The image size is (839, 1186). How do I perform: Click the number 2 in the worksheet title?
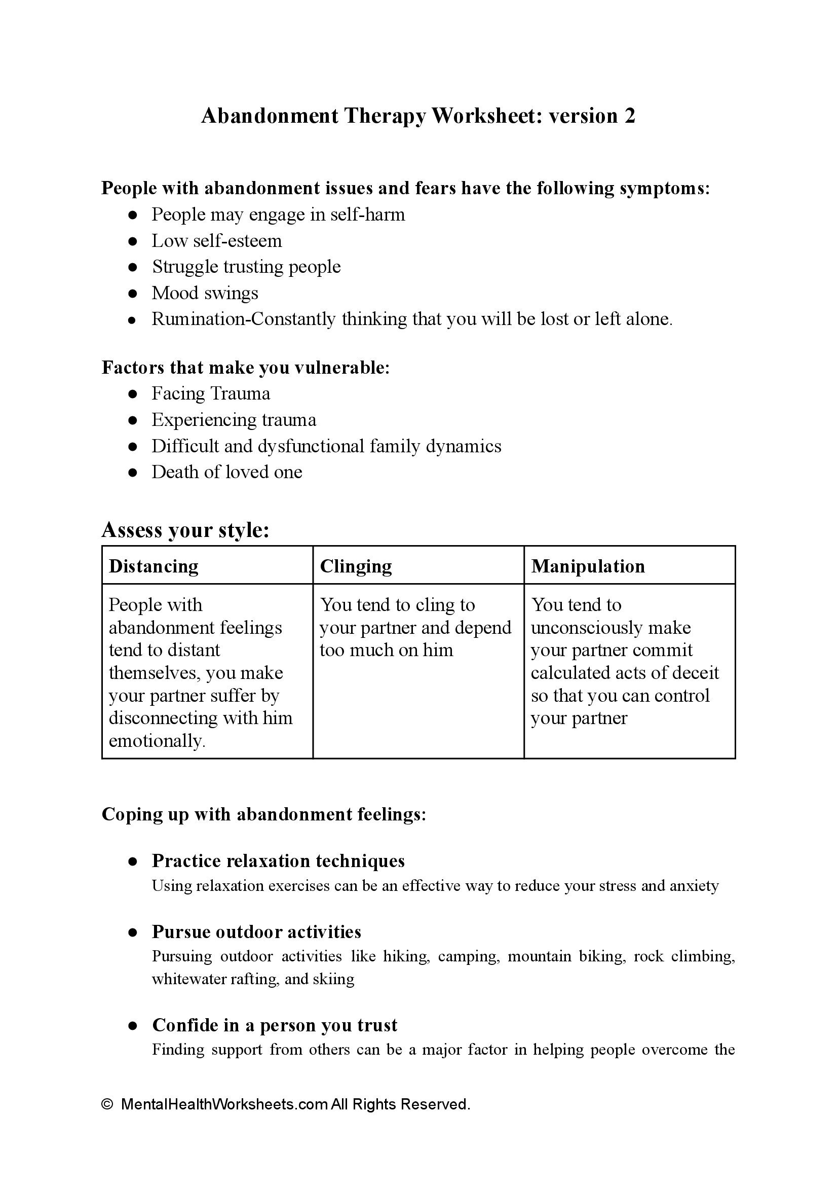pyautogui.click(x=629, y=116)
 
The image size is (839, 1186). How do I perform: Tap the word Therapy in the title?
pyautogui.click(x=385, y=116)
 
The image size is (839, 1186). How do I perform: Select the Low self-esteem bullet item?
pyautogui.click(x=216, y=241)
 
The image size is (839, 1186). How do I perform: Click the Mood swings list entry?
pyautogui.click(x=205, y=293)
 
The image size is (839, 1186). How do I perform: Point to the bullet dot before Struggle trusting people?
pyautogui.click(x=133, y=267)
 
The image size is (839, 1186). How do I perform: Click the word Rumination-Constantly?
pyautogui.click(x=243, y=319)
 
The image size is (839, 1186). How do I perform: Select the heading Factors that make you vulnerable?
pyautogui.click(x=245, y=368)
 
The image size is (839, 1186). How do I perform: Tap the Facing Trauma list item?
pyautogui.click(x=211, y=394)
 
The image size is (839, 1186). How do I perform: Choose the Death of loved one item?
pyautogui.click(x=227, y=472)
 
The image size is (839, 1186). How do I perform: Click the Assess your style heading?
pyautogui.click(x=185, y=530)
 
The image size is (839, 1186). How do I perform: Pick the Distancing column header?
pyautogui.click(x=154, y=566)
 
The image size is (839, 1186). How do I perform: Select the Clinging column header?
pyautogui.click(x=356, y=566)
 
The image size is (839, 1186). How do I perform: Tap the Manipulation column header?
pyautogui.click(x=588, y=566)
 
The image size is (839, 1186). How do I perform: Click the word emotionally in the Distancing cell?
pyautogui.click(x=157, y=741)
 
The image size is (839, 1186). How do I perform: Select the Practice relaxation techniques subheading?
pyautogui.click(x=278, y=861)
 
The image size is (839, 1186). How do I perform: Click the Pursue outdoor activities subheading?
pyautogui.click(x=256, y=931)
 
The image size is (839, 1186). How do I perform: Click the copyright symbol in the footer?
pyautogui.click(x=107, y=1104)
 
